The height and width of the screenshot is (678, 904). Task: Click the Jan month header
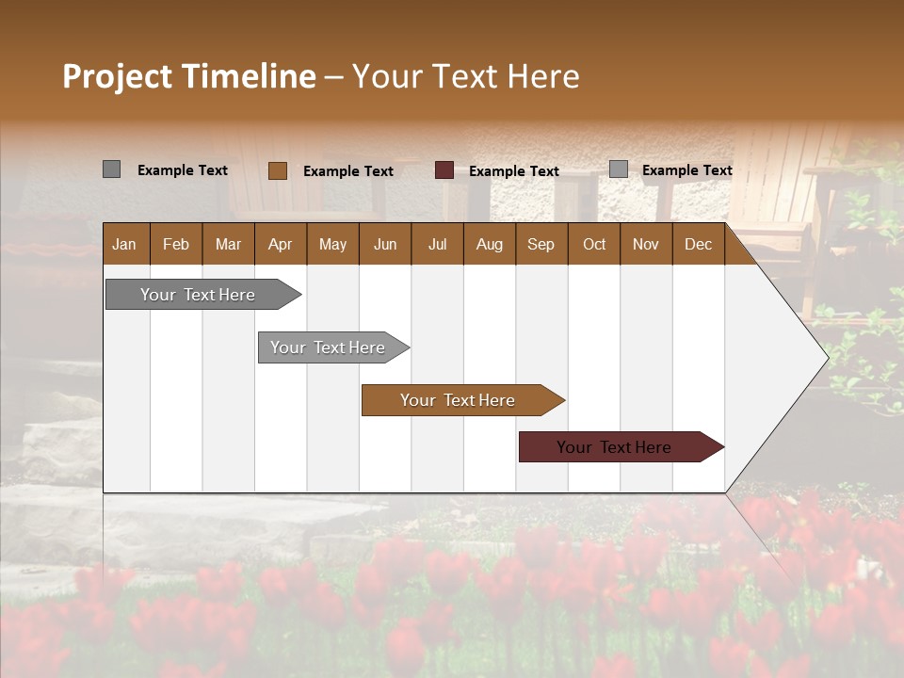(x=124, y=244)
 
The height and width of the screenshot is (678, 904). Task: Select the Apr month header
(x=280, y=244)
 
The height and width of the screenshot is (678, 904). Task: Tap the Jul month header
(x=437, y=244)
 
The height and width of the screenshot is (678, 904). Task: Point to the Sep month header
(x=541, y=244)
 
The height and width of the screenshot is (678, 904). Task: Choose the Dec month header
(x=698, y=244)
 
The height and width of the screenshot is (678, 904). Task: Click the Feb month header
(x=176, y=244)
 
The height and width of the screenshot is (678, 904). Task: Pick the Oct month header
(x=594, y=244)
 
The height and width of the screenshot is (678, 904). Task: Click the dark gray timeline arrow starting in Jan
(x=198, y=295)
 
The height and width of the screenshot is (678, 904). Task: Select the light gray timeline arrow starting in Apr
(x=328, y=347)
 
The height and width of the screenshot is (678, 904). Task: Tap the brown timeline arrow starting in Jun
(x=458, y=400)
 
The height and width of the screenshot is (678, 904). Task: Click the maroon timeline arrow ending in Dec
(x=614, y=447)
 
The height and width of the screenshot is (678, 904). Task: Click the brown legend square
(x=278, y=170)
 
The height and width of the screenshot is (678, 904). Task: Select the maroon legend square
(x=444, y=170)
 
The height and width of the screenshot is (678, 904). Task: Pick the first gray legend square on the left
(x=111, y=169)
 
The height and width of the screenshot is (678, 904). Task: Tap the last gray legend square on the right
(x=619, y=169)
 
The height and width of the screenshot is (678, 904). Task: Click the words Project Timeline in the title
(x=188, y=76)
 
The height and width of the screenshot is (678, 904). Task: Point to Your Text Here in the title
(x=465, y=76)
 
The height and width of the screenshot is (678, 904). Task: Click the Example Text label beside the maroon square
(x=513, y=171)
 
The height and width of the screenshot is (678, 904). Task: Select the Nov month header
(x=646, y=244)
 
